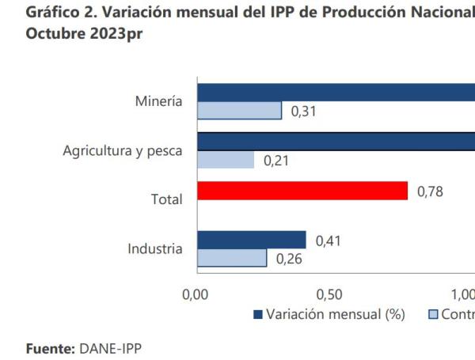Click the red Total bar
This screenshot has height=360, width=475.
pos(302,191)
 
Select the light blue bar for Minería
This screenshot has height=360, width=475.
pos(239,111)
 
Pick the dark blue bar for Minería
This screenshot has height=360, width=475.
pos(336,92)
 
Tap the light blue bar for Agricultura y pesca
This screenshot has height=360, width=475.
pos(226,160)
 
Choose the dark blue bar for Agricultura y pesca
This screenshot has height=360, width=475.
pos(336,141)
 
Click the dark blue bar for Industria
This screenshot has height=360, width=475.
pos(252,240)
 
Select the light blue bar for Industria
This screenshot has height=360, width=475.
pos(232,258)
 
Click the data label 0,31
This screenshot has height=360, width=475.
pos(304,112)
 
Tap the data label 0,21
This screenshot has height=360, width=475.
pos(276,161)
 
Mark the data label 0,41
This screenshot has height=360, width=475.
pos(329,240)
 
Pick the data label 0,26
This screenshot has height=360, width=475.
pos(289,259)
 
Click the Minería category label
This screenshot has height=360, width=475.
pos(158,101)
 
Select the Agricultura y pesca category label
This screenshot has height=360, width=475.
pos(123,150)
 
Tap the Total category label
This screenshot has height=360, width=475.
pos(166,199)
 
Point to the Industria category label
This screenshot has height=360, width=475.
pos(155,248)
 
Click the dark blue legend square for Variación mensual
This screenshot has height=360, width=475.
pos(257,315)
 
